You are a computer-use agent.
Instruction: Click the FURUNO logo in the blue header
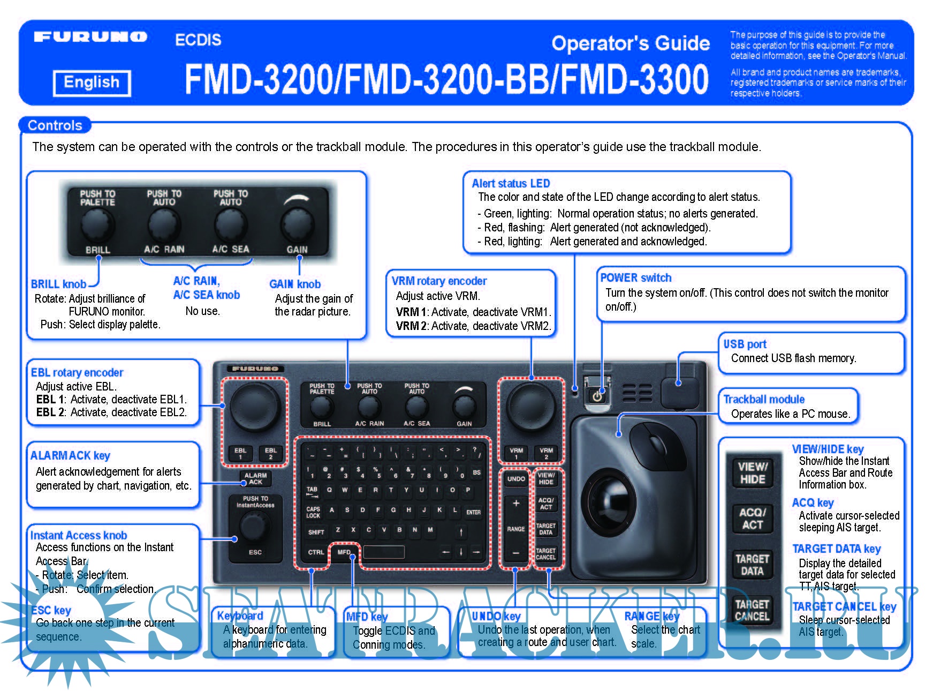(x=90, y=37)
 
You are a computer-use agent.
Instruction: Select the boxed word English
(x=92, y=82)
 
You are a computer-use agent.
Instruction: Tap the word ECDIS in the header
(x=198, y=40)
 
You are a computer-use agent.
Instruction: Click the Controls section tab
(x=55, y=125)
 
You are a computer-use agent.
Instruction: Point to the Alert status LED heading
(x=511, y=183)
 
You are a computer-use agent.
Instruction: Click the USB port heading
(x=745, y=344)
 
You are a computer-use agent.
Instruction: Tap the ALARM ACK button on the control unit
(x=255, y=478)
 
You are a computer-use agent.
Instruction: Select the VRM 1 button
(x=516, y=453)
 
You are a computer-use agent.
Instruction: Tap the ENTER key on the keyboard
(x=473, y=512)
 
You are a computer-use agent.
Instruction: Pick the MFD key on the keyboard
(x=344, y=552)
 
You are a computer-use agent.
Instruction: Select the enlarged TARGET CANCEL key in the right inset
(x=752, y=610)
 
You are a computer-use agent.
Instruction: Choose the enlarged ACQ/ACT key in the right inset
(x=752, y=519)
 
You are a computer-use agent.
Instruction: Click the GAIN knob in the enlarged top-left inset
(x=297, y=225)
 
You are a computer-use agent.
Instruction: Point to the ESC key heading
(x=51, y=610)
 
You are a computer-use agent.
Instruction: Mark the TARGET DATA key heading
(x=836, y=549)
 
